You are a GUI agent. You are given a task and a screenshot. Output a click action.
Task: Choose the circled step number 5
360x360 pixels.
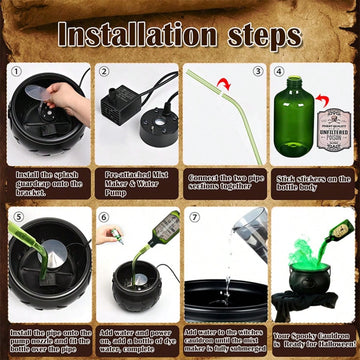pyautogui.click(x=16, y=215)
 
